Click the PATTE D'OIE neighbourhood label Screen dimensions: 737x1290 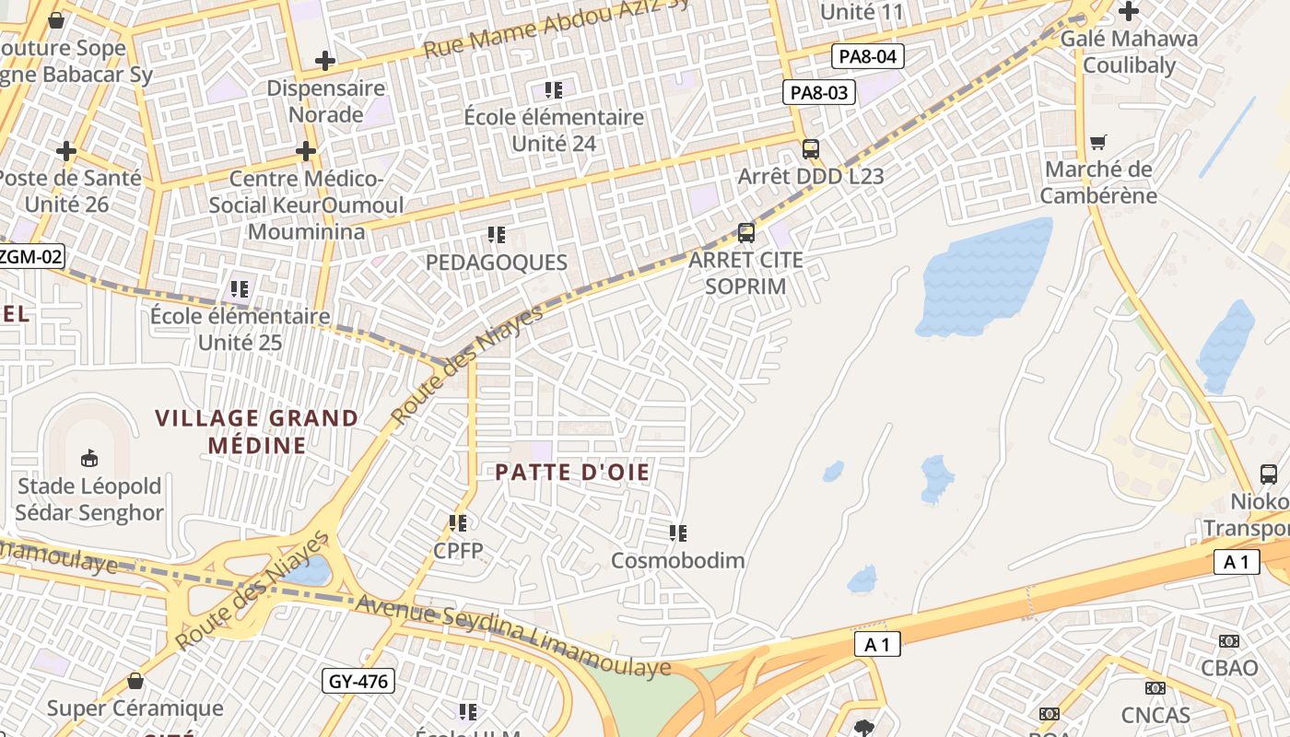point(572,473)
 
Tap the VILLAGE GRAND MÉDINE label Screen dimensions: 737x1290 point(257,432)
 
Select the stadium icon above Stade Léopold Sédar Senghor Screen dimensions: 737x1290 point(89,458)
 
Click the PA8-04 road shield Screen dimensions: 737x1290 point(867,56)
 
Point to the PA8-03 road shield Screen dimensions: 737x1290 point(819,92)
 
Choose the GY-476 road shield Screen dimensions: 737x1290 point(359,682)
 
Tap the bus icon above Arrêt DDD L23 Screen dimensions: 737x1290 point(811,148)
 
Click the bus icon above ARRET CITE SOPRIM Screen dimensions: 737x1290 point(746,232)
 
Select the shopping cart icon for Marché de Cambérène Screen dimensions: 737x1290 point(1097,142)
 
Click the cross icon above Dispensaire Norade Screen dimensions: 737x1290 point(324,61)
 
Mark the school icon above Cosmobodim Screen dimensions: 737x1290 point(678,532)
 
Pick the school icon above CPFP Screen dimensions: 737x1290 point(458,523)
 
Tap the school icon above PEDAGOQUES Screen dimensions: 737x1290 point(497,235)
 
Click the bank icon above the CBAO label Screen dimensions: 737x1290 point(1228,640)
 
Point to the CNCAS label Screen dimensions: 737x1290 point(1155,715)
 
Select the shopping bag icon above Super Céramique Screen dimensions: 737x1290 point(135,681)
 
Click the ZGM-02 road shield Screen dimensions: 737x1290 point(31,256)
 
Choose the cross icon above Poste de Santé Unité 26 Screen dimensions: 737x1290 point(66,150)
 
